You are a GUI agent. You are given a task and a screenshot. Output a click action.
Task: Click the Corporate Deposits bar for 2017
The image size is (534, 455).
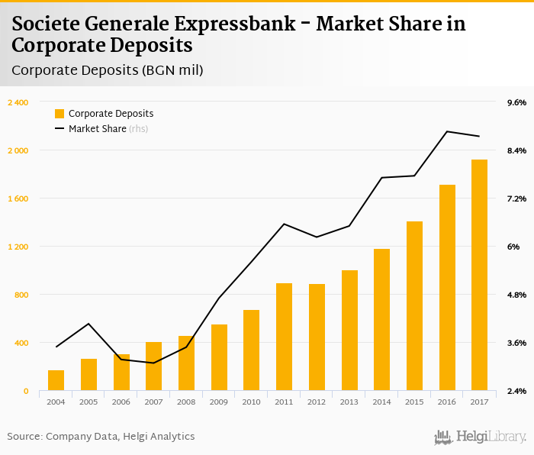(479, 275)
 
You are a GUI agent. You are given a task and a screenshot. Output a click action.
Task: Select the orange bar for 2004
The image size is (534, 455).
(56, 380)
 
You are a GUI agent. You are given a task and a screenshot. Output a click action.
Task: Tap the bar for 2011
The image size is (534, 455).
(284, 337)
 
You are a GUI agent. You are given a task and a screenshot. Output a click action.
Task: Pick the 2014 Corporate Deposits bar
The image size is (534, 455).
(381, 319)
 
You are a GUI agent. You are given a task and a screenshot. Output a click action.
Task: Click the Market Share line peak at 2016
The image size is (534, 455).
(447, 131)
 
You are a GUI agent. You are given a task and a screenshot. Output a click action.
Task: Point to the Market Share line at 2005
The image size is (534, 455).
(88, 324)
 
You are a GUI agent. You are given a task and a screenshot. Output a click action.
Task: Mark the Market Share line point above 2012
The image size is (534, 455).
(317, 237)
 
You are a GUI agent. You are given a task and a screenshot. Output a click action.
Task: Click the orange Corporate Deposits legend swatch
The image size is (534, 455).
(60, 114)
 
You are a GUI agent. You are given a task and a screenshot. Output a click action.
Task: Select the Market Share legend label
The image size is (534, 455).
(97, 129)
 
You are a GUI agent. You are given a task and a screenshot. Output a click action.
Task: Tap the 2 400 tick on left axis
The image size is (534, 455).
(18, 102)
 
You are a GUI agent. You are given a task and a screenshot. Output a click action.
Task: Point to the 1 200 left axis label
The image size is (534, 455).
(18, 247)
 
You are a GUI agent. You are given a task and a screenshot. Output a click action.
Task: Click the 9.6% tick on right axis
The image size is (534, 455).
(516, 102)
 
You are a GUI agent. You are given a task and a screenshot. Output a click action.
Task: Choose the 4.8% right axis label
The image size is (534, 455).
(516, 295)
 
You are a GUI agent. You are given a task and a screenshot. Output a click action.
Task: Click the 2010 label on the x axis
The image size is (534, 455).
(251, 401)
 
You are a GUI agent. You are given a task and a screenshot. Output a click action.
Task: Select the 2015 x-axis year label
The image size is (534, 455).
(414, 401)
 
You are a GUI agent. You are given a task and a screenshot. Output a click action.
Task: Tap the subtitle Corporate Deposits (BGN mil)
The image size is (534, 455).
(108, 70)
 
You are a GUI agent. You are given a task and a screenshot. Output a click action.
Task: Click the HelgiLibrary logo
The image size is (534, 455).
(480, 437)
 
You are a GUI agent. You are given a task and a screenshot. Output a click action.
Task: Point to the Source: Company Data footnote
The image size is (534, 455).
(101, 436)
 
